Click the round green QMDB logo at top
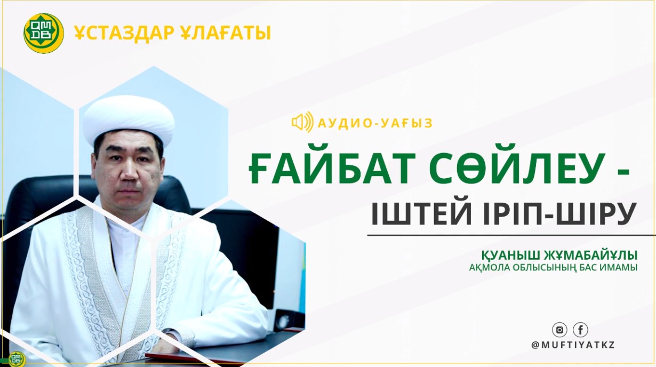click(x=44, y=34)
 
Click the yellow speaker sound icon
click(x=302, y=123)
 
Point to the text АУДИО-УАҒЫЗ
click(x=375, y=124)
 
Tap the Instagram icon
click(x=559, y=330)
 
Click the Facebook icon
click(x=580, y=330)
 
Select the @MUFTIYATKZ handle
click(x=573, y=345)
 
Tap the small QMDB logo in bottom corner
click(x=17, y=358)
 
